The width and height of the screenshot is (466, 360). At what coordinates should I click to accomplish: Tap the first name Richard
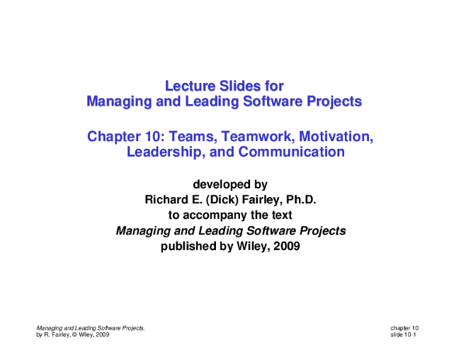pos(169,200)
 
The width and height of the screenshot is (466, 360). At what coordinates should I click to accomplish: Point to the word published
pos(190,247)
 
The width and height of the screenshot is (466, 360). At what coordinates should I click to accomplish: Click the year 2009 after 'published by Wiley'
pos(283,247)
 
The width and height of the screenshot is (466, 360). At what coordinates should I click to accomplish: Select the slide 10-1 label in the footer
pos(405,334)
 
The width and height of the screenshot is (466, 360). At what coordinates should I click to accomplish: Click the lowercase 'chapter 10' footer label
pos(405,327)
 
